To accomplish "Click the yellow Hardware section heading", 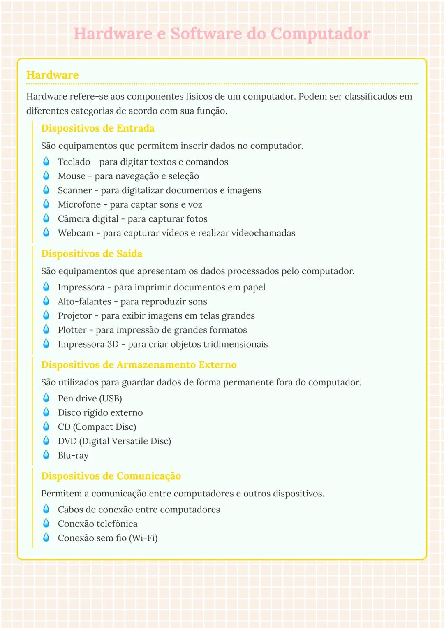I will pyautogui.click(x=53, y=75).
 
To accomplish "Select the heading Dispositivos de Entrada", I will pyautogui.click(x=98, y=128).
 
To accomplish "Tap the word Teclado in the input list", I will pyautogui.click(x=74, y=162).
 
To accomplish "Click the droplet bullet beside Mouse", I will pyautogui.click(x=46, y=176).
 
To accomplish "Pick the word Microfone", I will pyautogui.click(x=79, y=205).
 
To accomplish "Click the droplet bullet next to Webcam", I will pyautogui.click(x=46, y=233).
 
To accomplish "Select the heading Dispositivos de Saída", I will pyautogui.click(x=92, y=254).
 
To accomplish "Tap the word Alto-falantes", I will pyautogui.click(x=85, y=301).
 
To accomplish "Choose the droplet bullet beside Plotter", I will pyautogui.click(x=46, y=329).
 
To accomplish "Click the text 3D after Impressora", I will pyautogui.click(x=113, y=344).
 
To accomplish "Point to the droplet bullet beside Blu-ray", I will pyautogui.click(x=46, y=455).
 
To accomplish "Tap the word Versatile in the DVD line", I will pyautogui.click(x=127, y=441).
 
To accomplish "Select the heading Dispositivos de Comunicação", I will pyautogui.click(x=111, y=476).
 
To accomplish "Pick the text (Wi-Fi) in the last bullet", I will pyautogui.click(x=143, y=538).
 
